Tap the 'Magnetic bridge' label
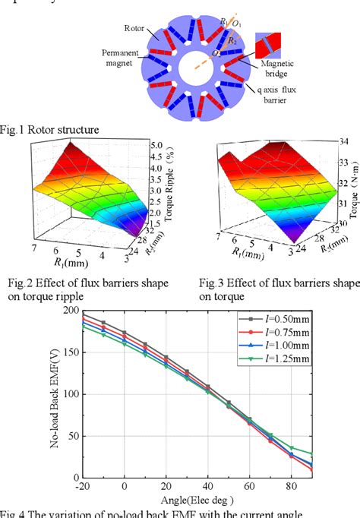click(x=279, y=69)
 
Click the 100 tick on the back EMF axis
click(x=70, y=394)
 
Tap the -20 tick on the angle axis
click(x=83, y=486)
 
